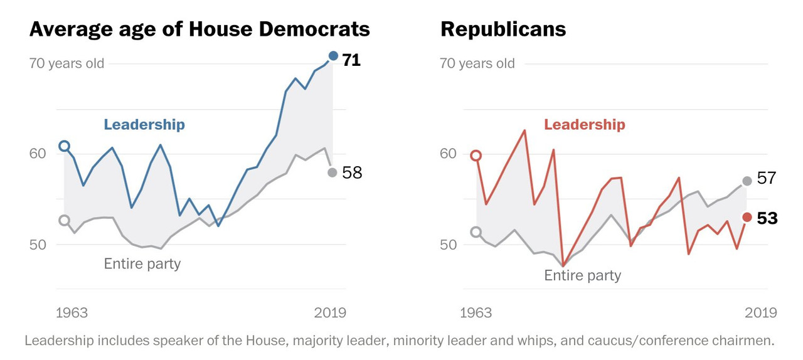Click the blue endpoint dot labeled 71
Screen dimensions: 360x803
pos(333,56)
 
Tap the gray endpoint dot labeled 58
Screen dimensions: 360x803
pos(332,172)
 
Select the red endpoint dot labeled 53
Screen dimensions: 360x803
pos(747,217)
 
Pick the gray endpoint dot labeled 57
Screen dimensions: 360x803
pos(747,181)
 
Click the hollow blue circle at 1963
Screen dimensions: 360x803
pos(64,146)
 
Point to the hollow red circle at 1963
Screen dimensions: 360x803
pos(476,156)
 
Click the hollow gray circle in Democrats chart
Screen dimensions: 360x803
pos(64,220)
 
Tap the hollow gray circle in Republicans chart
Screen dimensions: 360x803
pos(476,232)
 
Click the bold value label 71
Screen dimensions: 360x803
pos(351,61)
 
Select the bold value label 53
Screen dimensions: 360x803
pos(767,218)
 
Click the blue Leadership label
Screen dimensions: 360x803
pos(144,125)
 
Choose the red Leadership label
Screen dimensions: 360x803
pos(584,125)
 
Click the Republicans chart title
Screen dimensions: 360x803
pos(503,29)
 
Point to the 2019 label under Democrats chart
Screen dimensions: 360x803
pos(330,313)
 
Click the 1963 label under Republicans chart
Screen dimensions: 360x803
pos(476,313)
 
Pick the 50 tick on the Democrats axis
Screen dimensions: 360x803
pos(38,245)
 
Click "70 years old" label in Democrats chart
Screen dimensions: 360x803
pos(66,63)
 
